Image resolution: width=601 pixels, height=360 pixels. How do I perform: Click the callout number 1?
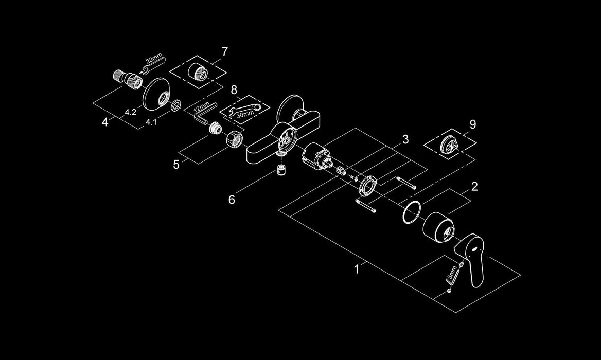click(357, 269)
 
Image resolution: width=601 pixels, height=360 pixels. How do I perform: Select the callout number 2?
click(474, 187)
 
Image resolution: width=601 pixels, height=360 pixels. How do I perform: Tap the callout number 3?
click(405, 139)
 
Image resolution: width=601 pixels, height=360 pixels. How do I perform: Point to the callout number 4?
click(105, 122)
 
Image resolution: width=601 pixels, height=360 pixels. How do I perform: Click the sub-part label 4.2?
click(130, 113)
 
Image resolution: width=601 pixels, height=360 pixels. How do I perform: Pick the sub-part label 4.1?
click(150, 122)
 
